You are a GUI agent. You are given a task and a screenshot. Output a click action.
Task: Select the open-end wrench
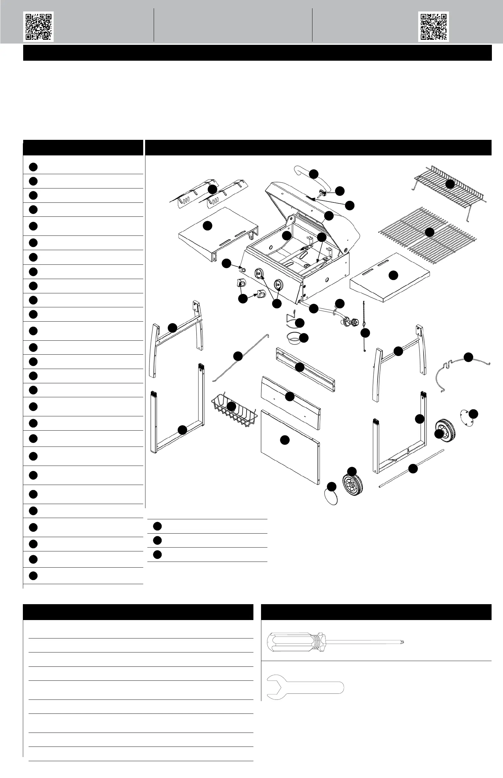pyautogui.click(x=305, y=686)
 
